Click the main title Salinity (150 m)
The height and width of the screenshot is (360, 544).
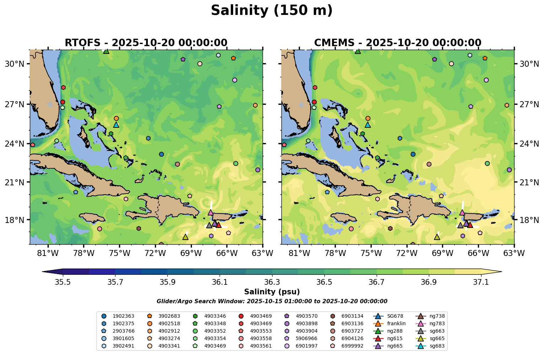[x=271, y=11]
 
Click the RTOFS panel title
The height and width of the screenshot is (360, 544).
[x=146, y=43]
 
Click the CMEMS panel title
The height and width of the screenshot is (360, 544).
[x=397, y=43]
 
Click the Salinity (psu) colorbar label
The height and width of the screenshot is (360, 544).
[x=272, y=292]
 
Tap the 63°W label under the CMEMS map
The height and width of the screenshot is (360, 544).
[x=514, y=253]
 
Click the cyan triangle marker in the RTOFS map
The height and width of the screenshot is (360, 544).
[x=116, y=125]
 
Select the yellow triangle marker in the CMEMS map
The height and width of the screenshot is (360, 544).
[x=437, y=237]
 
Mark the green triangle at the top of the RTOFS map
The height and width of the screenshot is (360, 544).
[x=106, y=51]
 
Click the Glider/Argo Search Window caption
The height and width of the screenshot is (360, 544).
[x=272, y=301]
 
